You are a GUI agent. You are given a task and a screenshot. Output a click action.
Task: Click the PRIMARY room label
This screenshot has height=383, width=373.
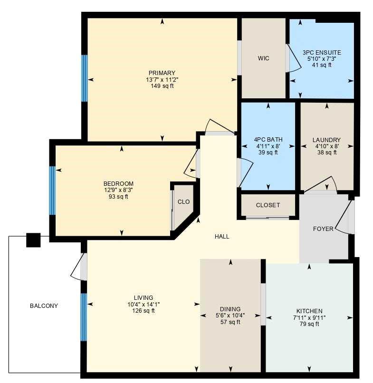tap(162, 73)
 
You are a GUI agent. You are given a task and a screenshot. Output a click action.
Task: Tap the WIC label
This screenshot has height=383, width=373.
tap(264, 58)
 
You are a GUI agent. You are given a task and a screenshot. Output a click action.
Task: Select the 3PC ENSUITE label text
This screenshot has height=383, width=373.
tap(322, 53)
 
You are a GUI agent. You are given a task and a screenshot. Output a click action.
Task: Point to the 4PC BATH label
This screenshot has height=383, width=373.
tap(268, 140)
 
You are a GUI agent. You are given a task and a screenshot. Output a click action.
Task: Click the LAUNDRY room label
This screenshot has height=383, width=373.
tap(326, 140)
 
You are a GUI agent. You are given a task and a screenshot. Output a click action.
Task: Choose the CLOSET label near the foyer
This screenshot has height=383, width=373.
tap(268, 205)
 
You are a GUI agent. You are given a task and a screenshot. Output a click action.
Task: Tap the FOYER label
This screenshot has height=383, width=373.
tap(323, 229)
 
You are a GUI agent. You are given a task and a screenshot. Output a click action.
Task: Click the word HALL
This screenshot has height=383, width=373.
tap(222, 236)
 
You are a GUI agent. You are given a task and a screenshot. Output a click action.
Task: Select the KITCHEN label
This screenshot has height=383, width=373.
tap(309, 311)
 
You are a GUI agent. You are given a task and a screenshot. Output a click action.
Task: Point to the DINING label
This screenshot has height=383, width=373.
tap(230, 309)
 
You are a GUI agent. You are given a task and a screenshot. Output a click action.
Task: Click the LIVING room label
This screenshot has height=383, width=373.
tap(143, 298)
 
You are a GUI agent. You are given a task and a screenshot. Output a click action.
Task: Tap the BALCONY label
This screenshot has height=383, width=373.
tap(44, 306)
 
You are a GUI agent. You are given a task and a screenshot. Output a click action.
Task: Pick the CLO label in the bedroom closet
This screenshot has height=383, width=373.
tap(183, 202)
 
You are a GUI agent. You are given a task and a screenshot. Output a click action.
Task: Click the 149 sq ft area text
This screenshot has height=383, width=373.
tap(162, 86)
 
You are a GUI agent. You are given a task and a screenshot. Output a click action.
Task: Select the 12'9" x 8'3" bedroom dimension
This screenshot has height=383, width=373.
tap(118, 190)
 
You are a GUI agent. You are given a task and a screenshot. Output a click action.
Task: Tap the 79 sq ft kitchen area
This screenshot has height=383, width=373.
tap(309, 324)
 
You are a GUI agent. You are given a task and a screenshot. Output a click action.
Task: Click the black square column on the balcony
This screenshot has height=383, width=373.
tap(33, 240)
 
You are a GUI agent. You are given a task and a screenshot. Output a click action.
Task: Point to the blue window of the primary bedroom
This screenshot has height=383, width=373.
tap(85, 78)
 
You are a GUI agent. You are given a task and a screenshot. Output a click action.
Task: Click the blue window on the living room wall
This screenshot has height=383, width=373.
tap(84, 317)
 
